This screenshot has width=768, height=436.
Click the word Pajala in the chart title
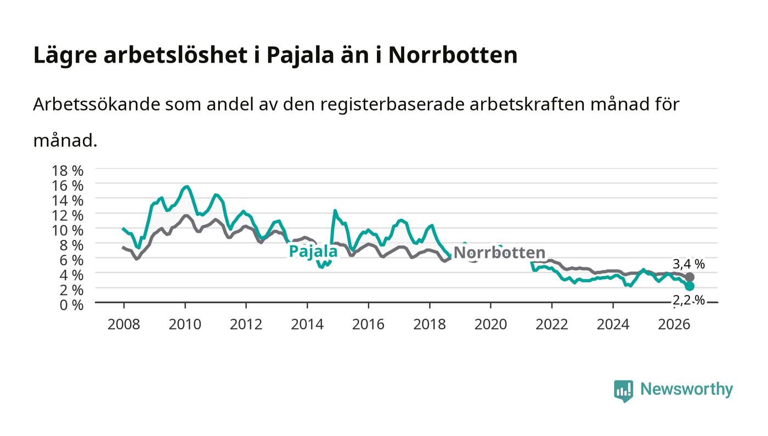point(300,55)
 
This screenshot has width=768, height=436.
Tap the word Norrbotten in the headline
point(453,55)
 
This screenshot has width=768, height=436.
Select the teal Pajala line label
point(313,251)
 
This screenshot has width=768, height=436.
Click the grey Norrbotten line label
point(499,253)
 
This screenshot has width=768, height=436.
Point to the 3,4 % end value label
point(688,264)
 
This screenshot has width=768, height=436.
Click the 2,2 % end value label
point(688,300)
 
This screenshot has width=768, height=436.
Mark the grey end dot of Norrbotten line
point(690,277)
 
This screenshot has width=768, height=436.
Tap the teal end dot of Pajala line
point(690,286)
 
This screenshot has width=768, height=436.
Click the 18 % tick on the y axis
point(67,171)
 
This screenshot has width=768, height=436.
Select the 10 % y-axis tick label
point(67,231)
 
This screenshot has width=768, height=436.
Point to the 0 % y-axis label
point(71,305)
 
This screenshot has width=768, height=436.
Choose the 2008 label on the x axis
point(124,325)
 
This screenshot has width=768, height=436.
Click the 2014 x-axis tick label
point(307,325)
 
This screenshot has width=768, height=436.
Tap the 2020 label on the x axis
point(490,325)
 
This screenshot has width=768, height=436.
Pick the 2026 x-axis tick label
point(674,325)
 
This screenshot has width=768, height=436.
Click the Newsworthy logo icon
point(623,390)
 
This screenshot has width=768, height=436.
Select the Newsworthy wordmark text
point(686,389)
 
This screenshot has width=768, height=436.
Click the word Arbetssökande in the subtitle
point(97,104)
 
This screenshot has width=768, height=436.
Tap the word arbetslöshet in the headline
point(176,55)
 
